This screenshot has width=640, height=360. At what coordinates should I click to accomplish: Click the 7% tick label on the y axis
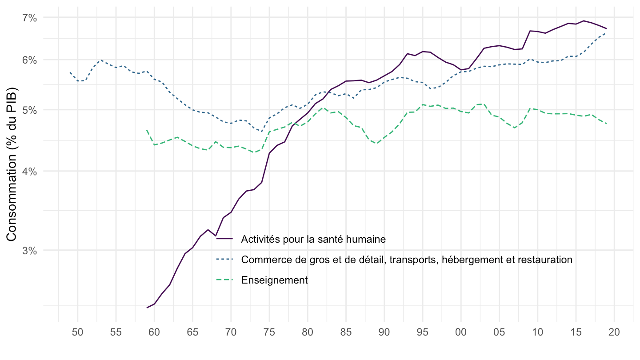pyautogui.click(x=29, y=18)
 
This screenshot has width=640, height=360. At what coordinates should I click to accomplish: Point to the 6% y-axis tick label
pyautogui.click(x=29, y=60)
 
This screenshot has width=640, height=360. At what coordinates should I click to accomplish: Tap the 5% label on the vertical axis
pyautogui.click(x=29, y=110)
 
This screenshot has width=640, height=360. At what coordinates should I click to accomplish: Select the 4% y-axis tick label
pyautogui.click(x=29, y=171)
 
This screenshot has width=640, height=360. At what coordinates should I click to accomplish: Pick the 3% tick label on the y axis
pyautogui.click(x=29, y=250)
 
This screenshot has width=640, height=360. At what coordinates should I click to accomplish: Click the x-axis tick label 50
pyautogui.click(x=77, y=332)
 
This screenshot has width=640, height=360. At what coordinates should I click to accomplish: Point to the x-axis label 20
pyautogui.click(x=614, y=332)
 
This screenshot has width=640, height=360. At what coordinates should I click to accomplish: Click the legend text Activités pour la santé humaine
pyautogui.click(x=313, y=239)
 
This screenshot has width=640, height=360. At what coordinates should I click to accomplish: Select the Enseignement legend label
pyautogui.click(x=274, y=280)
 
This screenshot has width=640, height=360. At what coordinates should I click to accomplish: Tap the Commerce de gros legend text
pyautogui.click(x=406, y=260)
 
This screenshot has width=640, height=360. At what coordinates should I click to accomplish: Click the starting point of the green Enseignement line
pyautogui.click(x=147, y=130)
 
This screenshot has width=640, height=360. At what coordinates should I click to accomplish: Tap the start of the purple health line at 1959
pyautogui.click(x=147, y=308)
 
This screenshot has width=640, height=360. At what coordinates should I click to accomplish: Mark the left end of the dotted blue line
pyautogui.click(x=70, y=72)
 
